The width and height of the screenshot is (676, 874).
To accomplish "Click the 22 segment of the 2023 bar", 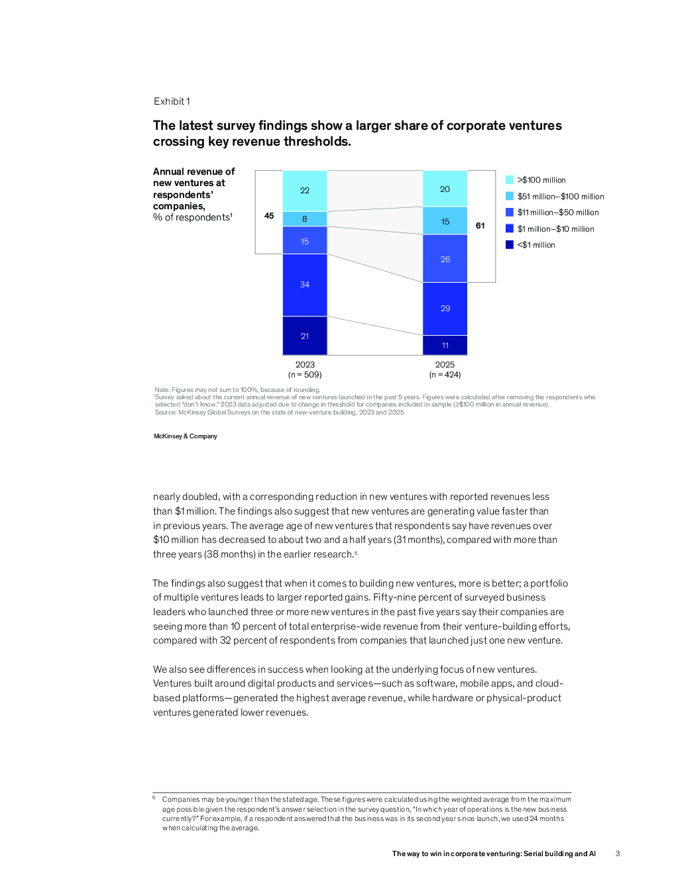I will pyautogui.click(x=305, y=191).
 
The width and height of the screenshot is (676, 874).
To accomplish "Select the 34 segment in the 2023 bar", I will pyautogui.click(x=305, y=285).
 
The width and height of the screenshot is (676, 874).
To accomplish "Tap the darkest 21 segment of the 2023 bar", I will pyautogui.click(x=305, y=336).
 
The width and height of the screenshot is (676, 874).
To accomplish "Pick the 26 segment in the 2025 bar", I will pyautogui.click(x=445, y=260).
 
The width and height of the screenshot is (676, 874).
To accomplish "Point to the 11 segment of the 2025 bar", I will pyautogui.click(x=445, y=346).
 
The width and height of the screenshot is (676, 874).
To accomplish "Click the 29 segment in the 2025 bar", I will pyautogui.click(x=445, y=309).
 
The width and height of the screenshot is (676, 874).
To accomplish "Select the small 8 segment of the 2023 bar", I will pyautogui.click(x=305, y=219).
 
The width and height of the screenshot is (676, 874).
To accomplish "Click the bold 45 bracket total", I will pyautogui.click(x=269, y=216).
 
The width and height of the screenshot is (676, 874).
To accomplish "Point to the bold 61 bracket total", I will pyautogui.click(x=480, y=226).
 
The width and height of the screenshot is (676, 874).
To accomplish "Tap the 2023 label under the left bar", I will pyautogui.click(x=305, y=365).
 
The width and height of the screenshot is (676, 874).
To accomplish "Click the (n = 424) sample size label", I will pyautogui.click(x=445, y=375).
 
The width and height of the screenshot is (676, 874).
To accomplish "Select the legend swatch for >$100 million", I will pyautogui.click(x=510, y=180).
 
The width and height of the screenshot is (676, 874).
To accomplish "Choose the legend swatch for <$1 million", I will pyautogui.click(x=510, y=245).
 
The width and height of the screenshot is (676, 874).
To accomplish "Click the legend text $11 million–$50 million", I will pyautogui.click(x=558, y=213).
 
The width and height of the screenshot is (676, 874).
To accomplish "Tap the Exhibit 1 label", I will pyautogui.click(x=172, y=101).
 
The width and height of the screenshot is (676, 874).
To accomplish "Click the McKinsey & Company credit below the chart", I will pyautogui.click(x=186, y=436).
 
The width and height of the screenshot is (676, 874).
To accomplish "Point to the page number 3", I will pyautogui.click(x=618, y=854).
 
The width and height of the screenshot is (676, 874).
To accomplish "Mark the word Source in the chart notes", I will pyautogui.click(x=165, y=413).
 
